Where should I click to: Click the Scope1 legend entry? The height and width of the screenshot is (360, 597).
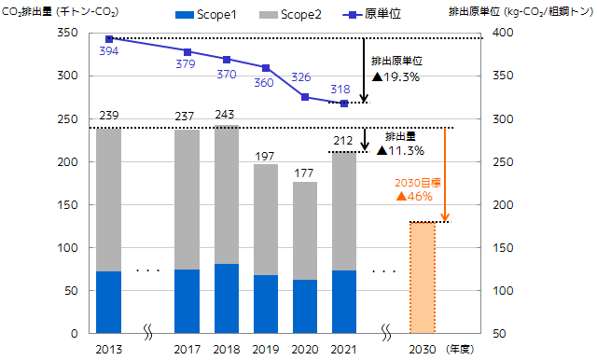[205, 15]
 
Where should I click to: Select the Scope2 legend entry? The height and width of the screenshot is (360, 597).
[290, 15]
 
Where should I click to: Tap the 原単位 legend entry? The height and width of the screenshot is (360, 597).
[372, 14]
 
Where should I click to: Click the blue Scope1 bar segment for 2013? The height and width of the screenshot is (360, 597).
[108, 302]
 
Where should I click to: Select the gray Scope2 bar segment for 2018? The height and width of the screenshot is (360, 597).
[227, 195]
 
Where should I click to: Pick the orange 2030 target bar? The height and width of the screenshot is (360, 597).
[423, 278]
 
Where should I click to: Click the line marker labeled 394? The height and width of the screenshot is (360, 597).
[109, 39]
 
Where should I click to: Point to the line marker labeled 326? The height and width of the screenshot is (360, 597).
[305, 97]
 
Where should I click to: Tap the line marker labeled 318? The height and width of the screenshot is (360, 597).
[344, 104]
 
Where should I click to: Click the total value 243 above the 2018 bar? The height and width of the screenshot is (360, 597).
[225, 115]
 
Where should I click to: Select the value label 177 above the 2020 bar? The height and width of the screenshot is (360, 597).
[303, 173]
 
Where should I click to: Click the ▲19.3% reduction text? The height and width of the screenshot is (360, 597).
[396, 77]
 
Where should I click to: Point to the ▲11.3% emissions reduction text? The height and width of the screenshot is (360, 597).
[400, 151]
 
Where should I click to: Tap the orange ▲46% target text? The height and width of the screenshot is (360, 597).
[414, 197]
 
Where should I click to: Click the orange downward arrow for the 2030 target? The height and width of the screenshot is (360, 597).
[445, 174]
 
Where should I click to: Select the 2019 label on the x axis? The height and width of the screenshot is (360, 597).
[266, 350]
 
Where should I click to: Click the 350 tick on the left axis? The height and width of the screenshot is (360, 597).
[67, 33]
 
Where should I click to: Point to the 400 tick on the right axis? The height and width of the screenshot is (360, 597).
[503, 33]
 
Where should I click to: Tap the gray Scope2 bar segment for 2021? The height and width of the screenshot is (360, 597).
[344, 212]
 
